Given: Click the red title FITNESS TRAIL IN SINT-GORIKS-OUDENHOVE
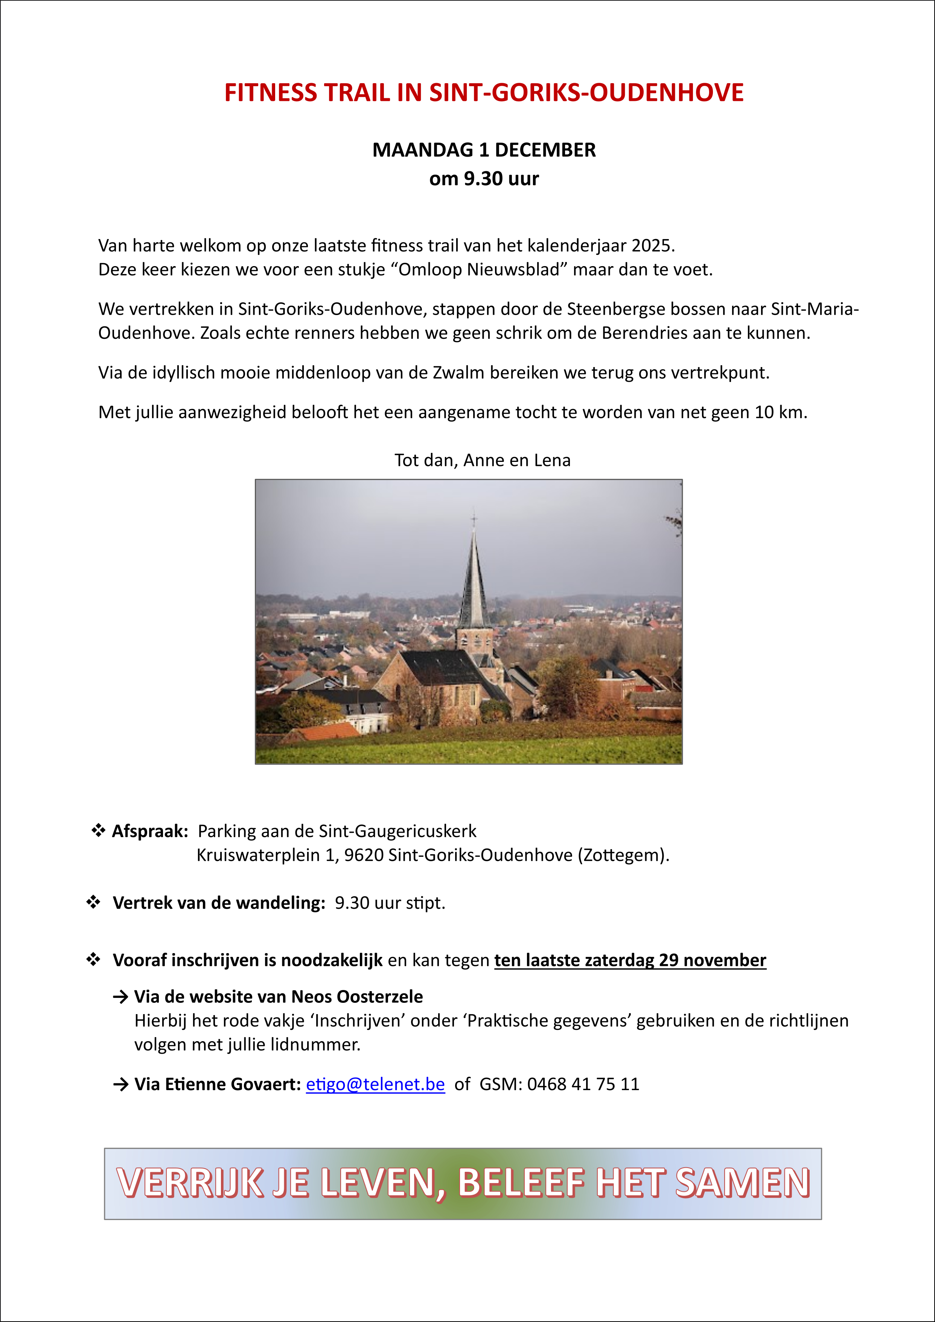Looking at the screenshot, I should [484, 93].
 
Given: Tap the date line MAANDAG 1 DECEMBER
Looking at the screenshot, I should [484, 150].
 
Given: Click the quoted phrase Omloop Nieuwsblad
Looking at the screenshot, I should [479, 270].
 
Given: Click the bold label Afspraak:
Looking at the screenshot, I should [150, 832].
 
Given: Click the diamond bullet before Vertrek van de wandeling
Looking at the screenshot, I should [93, 902].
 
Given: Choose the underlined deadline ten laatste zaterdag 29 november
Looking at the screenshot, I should [630, 960].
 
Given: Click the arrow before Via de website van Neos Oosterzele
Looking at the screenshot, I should [120, 997].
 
